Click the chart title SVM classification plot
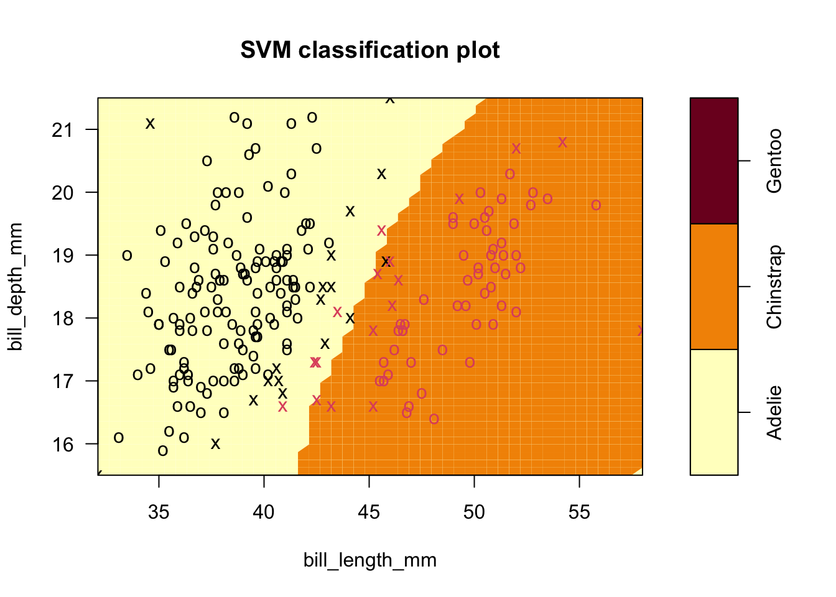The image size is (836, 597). pyautogui.click(x=370, y=50)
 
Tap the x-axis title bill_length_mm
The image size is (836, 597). pyautogui.click(x=370, y=560)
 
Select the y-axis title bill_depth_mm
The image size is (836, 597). pyautogui.click(x=15, y=287)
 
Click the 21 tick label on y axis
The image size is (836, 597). pyautogui.click(x=63, y=129)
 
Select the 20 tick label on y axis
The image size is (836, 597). pyautogui.click(x=63, y=192)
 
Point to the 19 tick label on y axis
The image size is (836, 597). pyautogui.click(x=63, y=255)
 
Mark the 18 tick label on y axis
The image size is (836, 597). pyautogui.click(x=63, y=318)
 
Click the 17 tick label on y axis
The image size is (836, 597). pyautogui.click(x=63, y=381)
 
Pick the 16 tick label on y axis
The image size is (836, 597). pyautogui.click(x=63, y=443)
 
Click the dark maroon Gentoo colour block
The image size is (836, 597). pyautogui.click(x=714, y=160)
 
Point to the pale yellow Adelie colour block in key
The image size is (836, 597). pyautogui.click(x=714, y=412)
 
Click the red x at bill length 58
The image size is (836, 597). pyautogui.click(x=641, y=331)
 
